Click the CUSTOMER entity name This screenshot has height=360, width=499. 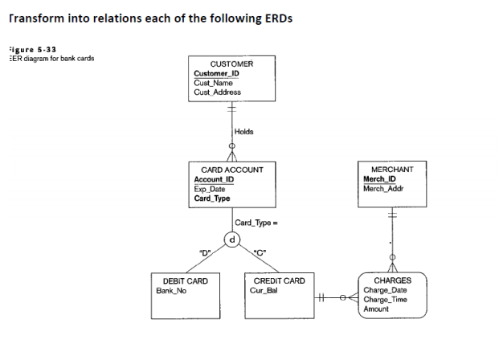point(231,63)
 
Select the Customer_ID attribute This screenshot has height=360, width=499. point(215,73)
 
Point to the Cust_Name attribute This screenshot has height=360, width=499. point(213,83)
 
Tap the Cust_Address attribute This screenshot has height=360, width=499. point(218,92)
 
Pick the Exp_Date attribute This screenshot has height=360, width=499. point(210,189)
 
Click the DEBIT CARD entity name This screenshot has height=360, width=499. point(186,280)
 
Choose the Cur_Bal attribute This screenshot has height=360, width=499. point(264,290)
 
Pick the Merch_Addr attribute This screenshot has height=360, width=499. point(382,189)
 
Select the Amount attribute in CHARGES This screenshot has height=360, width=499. point(376,309)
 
